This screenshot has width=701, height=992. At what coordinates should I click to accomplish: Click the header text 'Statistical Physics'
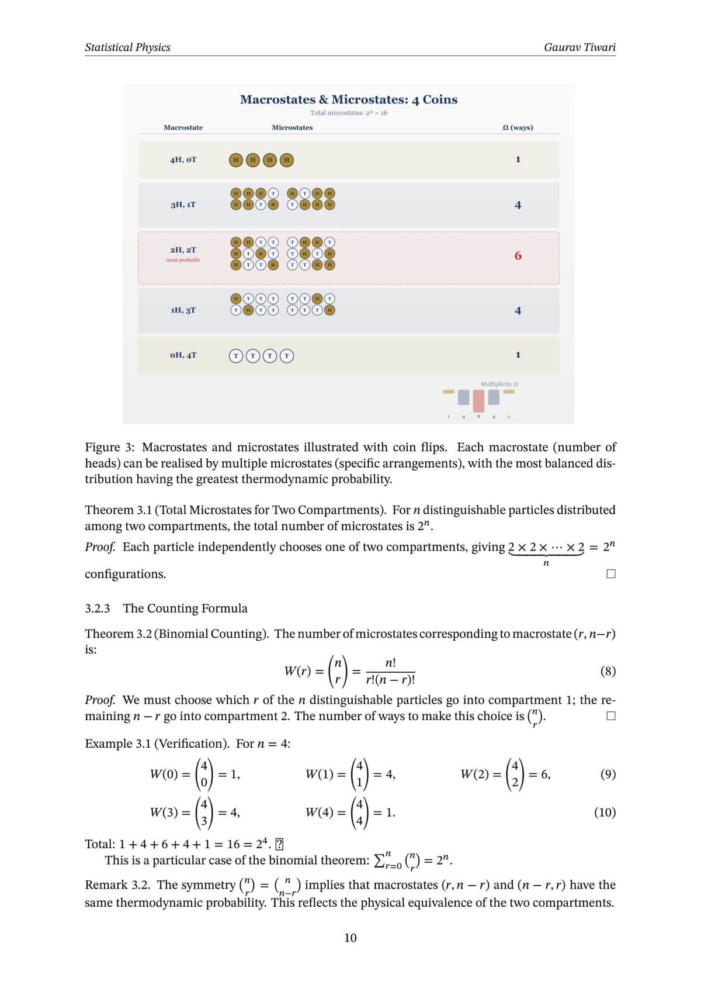point(127,47)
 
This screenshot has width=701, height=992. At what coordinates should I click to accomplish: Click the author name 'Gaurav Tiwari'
point(579,47)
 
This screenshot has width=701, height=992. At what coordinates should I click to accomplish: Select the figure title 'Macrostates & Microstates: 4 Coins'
point(349,99)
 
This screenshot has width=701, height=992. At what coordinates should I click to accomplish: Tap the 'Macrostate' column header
point(183,127)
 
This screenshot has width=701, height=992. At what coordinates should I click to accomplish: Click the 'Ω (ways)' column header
point(518,127)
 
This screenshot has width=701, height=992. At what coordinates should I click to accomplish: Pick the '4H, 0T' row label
point(183,160)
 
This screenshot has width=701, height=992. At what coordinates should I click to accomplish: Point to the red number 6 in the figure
point(518,256)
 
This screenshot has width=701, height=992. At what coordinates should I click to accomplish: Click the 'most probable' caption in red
point(183,260)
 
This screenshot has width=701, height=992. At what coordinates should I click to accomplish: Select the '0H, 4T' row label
point(183,355)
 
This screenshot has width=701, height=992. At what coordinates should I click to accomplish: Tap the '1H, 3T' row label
point(183,310)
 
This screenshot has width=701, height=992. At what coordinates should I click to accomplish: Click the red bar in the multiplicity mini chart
point(478,400)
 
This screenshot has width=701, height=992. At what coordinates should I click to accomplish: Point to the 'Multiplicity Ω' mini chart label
point(499,384)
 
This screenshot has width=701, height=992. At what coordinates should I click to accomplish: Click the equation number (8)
point(608,671)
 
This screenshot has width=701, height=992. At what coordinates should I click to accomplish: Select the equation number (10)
point(605,812)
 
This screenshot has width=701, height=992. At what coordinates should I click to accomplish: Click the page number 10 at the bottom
point(350,938)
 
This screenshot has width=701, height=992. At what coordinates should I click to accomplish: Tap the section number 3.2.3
point(98,609)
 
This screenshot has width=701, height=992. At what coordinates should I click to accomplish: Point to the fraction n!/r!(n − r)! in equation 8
point(390,671)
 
